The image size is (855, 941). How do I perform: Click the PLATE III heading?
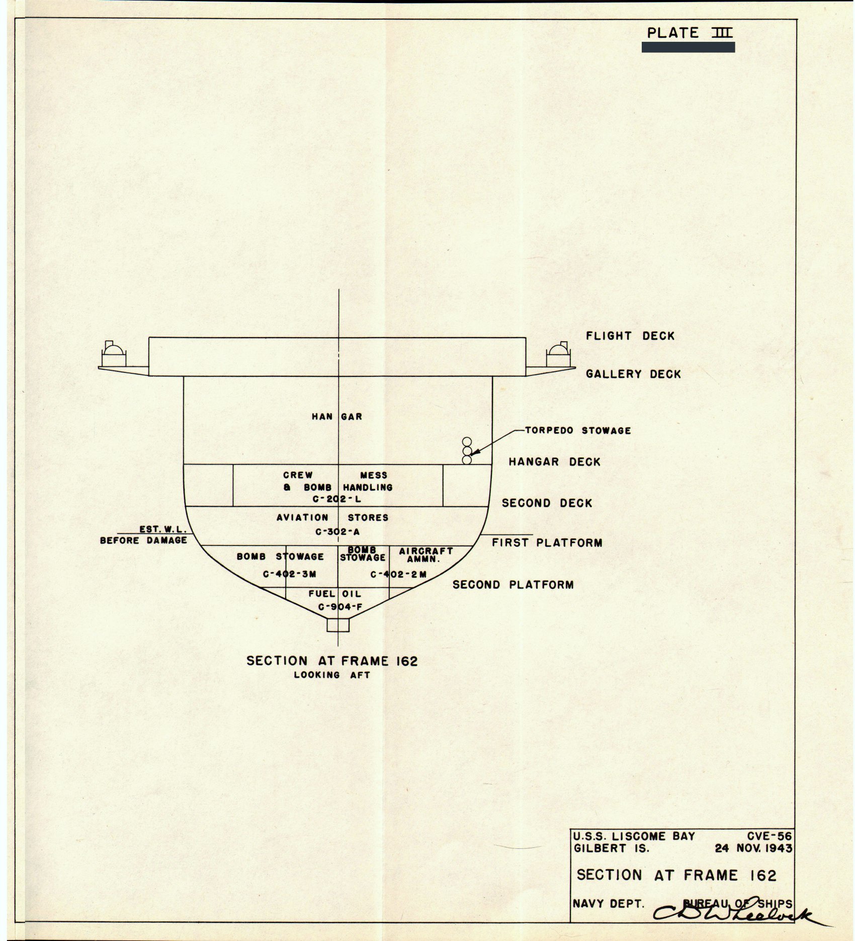(x=689, y=33)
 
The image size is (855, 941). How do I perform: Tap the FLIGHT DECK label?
(x=630, y=336)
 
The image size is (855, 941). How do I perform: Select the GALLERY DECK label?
(x=633, y=374)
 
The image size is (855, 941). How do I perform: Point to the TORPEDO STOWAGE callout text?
(x=578, y=431)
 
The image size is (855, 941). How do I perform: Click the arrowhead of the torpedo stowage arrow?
(x=472, y=454)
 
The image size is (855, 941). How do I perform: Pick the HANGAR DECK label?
(x=554, y=462)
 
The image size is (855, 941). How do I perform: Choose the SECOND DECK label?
(x=547, y=503)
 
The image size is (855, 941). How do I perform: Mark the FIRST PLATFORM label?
(x=547, y=543)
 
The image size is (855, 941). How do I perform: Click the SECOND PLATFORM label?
(x=513, y=585)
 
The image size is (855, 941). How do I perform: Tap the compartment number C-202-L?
(x=337, y=500)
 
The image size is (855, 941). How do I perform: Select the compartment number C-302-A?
(x=337, y=532)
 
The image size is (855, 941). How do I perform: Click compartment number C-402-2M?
(x=398, y=574)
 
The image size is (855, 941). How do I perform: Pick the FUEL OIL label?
(x=335, y=594)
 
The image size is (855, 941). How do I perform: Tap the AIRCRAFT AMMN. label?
(x=425, y=555)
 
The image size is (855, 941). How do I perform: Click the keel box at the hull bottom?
(x=337, y=624)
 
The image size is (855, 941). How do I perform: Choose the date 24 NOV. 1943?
(x=753, y=848)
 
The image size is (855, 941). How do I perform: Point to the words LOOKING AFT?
(x=332, y=675)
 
